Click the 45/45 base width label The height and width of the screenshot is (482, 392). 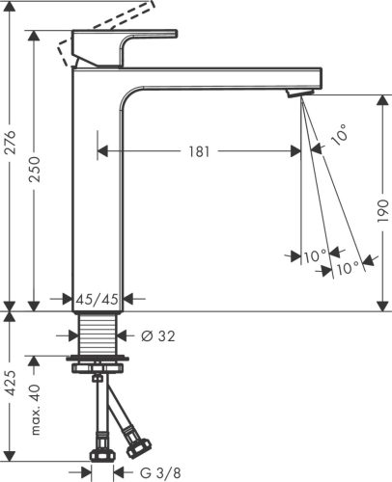[98, 300]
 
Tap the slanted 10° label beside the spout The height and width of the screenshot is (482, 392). [337, 137]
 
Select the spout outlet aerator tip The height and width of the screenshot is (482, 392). [296, 92]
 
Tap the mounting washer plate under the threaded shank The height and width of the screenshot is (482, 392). [98, 365]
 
